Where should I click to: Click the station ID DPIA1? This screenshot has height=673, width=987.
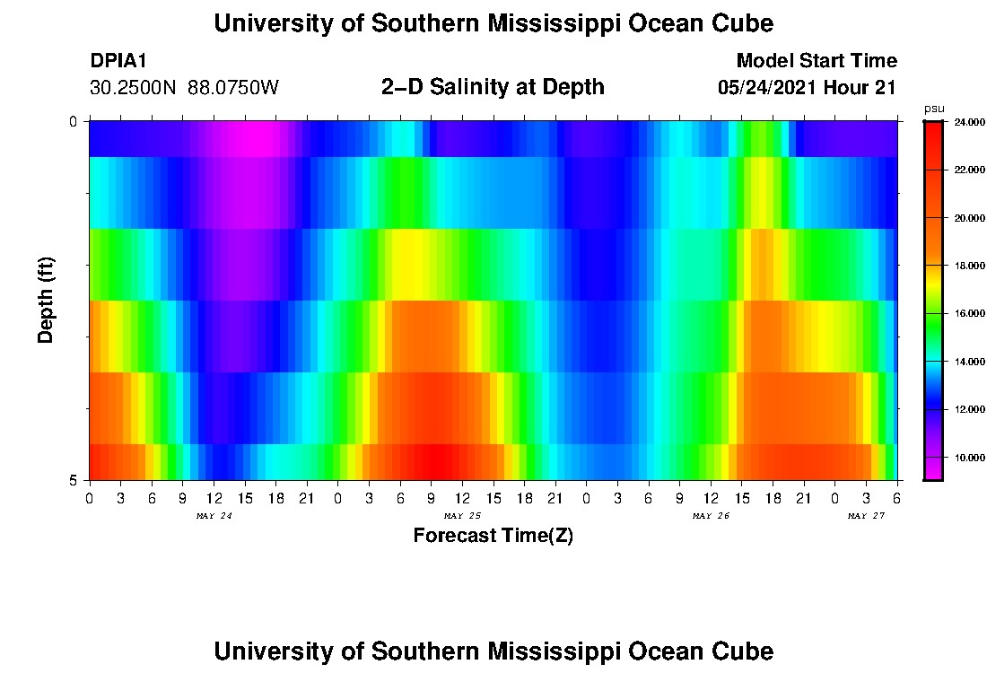118,61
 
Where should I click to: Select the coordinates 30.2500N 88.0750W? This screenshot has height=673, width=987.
185,88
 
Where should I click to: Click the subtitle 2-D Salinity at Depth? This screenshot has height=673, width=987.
493,87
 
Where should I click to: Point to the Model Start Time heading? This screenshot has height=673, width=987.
817,61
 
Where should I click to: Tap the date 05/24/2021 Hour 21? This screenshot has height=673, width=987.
808,88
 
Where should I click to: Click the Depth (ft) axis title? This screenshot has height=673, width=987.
47,300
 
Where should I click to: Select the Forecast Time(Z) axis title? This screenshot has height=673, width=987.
493,536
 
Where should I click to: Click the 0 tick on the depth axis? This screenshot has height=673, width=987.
73,121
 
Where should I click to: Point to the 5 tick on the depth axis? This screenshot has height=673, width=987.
73,480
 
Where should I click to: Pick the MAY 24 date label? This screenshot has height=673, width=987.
214,516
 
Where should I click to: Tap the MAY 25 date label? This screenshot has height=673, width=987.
462,516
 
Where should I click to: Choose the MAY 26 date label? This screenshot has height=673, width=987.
711,516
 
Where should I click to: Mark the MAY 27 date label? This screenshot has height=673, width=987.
867,516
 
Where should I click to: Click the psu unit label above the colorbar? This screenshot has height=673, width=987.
934,109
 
